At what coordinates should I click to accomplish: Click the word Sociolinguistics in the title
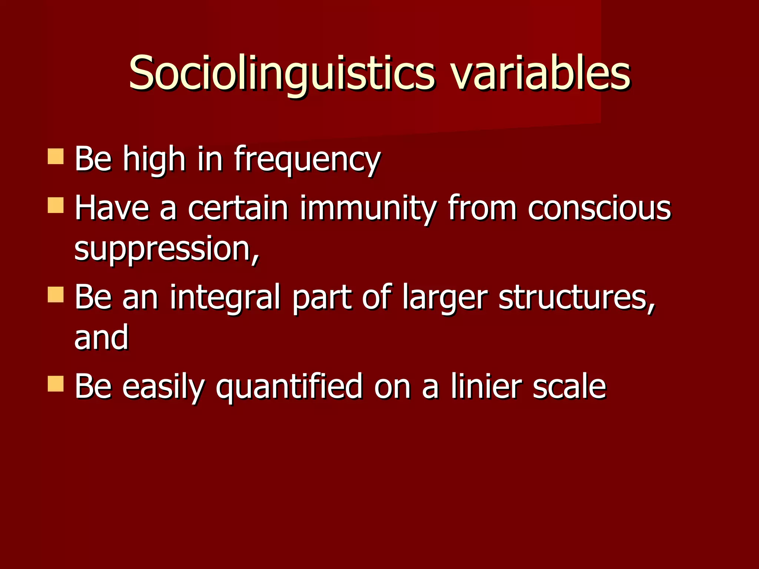pyautogui.click(x=282, y=73)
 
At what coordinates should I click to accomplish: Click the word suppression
pyautogui.click(x=166, y=249)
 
